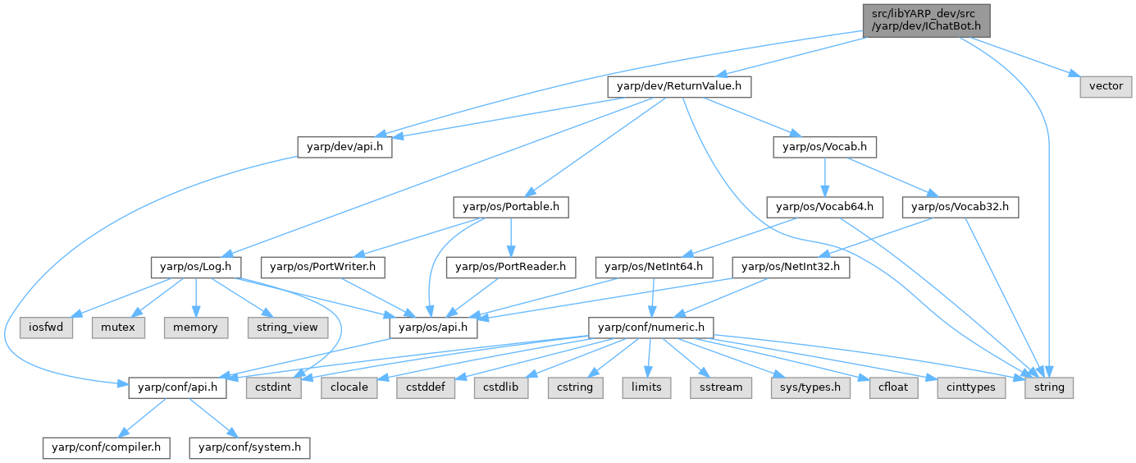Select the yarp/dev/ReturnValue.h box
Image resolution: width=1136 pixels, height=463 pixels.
pyautogui.click(x=678, y=86)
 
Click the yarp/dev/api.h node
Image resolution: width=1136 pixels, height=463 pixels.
pyautogui.click(x=344, y=147)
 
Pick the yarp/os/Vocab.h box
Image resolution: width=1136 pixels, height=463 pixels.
pyautogui.click(x=825, y=147)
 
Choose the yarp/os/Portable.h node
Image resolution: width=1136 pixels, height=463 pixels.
pyautogui.click(x=510, y=208)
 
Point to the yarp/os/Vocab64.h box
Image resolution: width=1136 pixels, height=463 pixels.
pyautogui.click(x=823, y=208)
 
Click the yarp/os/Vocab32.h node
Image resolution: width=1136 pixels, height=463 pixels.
pyautogui.click(x=960, y=208)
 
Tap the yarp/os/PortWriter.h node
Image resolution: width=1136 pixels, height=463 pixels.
pyautogui.click(x=323, y=267)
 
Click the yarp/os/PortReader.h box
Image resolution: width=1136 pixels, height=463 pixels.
pyautogui.click(x=511, y=267)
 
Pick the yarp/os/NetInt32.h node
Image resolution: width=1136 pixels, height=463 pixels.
pyautogui.click(x=791, y=267)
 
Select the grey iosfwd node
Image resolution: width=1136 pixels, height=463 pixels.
pyautogui.click(x=46, y=328)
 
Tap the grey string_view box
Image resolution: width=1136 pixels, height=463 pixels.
pyautogui.click(x=286, y=328)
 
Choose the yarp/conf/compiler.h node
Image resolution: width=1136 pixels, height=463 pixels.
pyautogui.click(x=107, y=448)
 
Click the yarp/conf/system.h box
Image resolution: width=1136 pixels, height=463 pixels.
pyautogui.click(x=249, y=448)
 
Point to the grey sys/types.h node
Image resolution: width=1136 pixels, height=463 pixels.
pyautogui.click(x=805, y=387)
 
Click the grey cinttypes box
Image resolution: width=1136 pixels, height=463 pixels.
pyautogui.click(x=972, y=387)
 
